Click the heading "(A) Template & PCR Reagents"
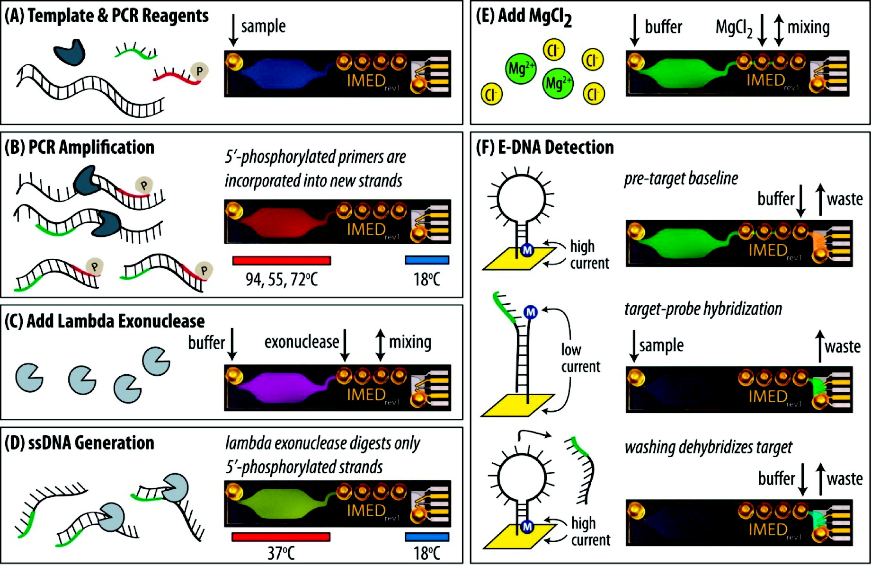[x=107, y=16]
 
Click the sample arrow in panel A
[x=233, y=30]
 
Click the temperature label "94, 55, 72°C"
[x=281, y=280]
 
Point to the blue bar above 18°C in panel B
[x=427, y=260]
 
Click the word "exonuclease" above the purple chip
[x=302, y=342]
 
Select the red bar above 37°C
[x=281, y=537]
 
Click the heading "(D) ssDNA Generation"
[x=80, y=443]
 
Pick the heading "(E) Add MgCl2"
[x=524, y=17]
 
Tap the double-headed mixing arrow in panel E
[x=779, y=30]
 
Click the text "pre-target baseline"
[x=681, y=178]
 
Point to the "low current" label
[x=580, y=358]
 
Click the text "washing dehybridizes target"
[x=708, y=447]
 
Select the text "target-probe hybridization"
[x=703, y=309]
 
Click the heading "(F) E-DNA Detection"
[x=545, y=148]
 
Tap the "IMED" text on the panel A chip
[x=366, y=81]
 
